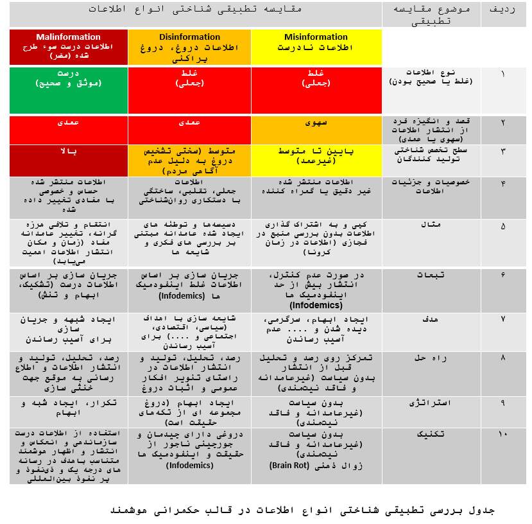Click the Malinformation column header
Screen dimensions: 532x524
click(x=68, y=46)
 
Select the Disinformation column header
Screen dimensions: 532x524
click(x=189, y=46)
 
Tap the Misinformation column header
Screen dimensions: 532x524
click(x=316, y=46)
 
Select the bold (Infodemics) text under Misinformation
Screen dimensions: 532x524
click(x=316, y=305)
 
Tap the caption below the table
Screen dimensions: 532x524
click(x=302, y=511)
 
